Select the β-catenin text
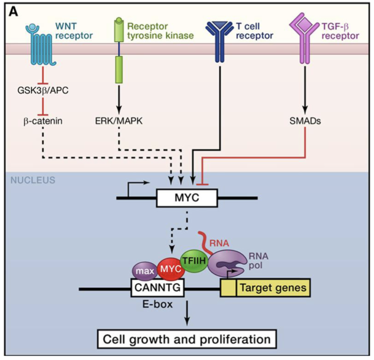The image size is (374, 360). point(42,121)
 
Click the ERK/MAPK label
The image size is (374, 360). point(118,121)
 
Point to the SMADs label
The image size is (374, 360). point(304,121)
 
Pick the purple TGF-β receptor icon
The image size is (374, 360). point(304,37)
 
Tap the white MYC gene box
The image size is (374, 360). point(187,197)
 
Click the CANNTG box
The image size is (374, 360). point(157,288)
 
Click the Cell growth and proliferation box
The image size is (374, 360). point(187,338)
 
